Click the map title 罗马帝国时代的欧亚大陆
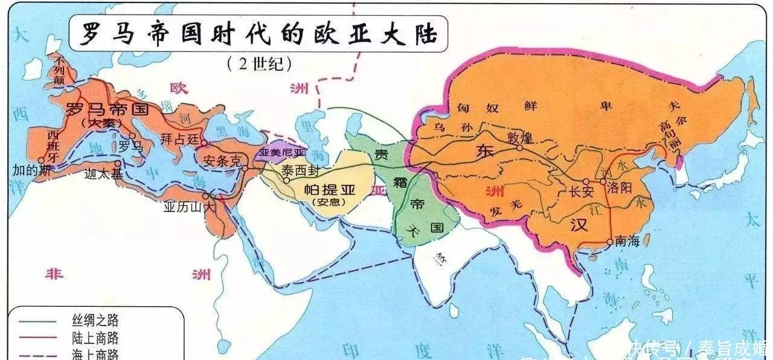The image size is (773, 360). click(254, 34)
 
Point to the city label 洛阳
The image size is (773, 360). click(620, 187)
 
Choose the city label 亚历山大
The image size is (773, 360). click(189, 207)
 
